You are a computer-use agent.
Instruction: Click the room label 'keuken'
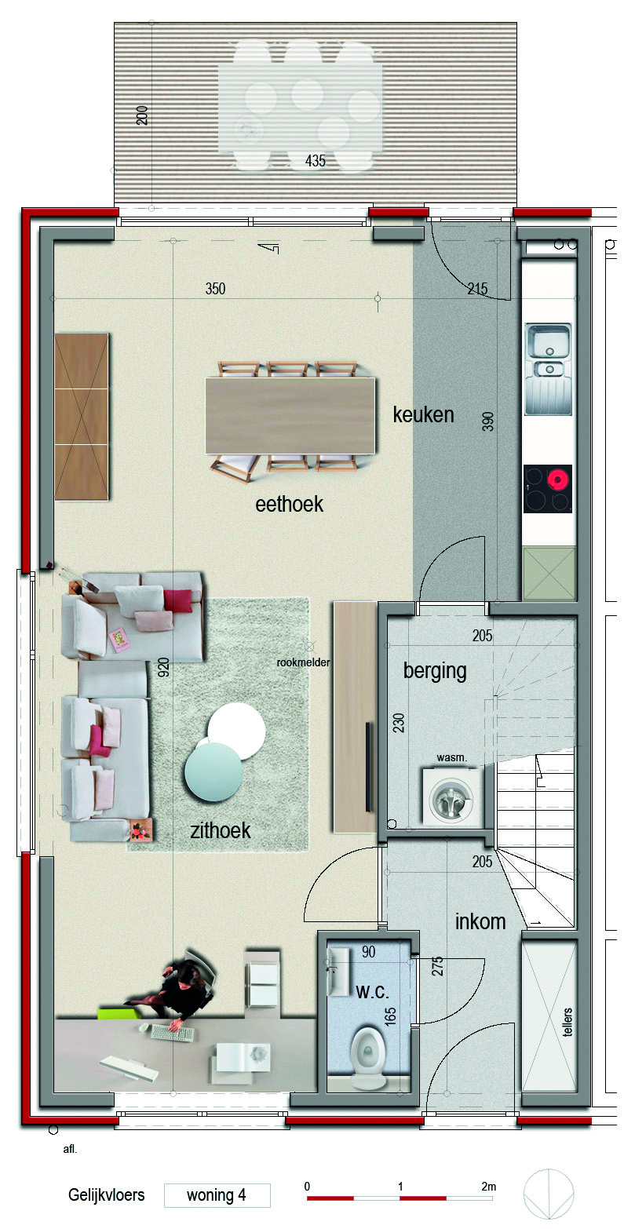pyautogui.click(x=423, y=415)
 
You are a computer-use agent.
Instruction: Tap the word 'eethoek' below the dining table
pyautogui.click(x=289, y=504)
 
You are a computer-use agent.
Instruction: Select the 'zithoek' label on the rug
pyautogui.click(x=220, y=830)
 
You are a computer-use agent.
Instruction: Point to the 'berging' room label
pyautogui.click(x=435, y=671)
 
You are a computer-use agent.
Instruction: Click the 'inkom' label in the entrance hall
pyautogui.click(x=480, y=921)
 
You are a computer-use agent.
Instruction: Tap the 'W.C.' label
pyautogui.click(x=372, y=992)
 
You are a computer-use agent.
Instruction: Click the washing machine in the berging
pyautogui.click(x=453, y=797)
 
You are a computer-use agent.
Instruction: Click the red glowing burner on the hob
pyautogui.click(x=558, y=480)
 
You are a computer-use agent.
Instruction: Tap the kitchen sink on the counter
pyautogui.click(x=548, y=369)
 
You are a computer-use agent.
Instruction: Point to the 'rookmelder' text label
pyautogui.click(x=303, y=662)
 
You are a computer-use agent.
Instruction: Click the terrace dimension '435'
pyautogui.click(x=315, y=161)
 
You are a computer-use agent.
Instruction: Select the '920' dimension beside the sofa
pyautogui.click(x=163, y=667)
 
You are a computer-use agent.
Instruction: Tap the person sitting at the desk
pyautogui.click(x=174, y=987)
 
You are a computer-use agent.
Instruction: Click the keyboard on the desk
pyautogui.click(x=173, y=1033)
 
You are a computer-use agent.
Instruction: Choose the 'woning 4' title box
pyautogui.click(x=217, y=1195)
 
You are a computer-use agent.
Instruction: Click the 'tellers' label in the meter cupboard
pyautogui.click(x=567, y=1022)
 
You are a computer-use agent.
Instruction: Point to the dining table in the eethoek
pyautogui.click(x=290, y=415)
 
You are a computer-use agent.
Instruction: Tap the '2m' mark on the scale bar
pyautogui.click(x=488, y=1186)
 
